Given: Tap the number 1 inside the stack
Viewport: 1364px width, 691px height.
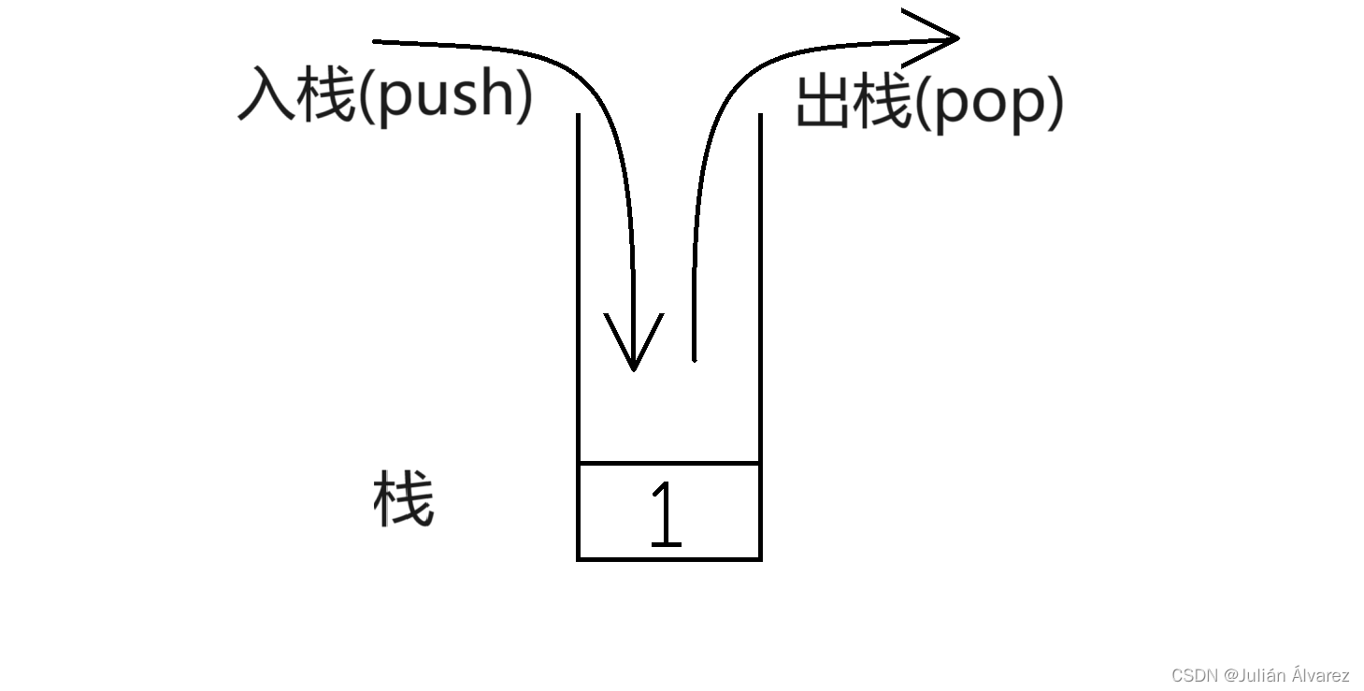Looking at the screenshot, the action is (666, 513).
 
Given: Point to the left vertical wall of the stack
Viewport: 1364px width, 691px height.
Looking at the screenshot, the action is (579, 281).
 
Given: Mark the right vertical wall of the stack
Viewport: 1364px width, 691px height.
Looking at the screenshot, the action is (760, 281).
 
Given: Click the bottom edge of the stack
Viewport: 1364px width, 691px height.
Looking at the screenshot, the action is (669, 559).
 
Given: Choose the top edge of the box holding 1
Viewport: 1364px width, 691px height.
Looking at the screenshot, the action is (669, 463).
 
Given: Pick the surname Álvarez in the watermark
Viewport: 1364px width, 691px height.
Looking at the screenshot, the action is (1318, 674).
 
